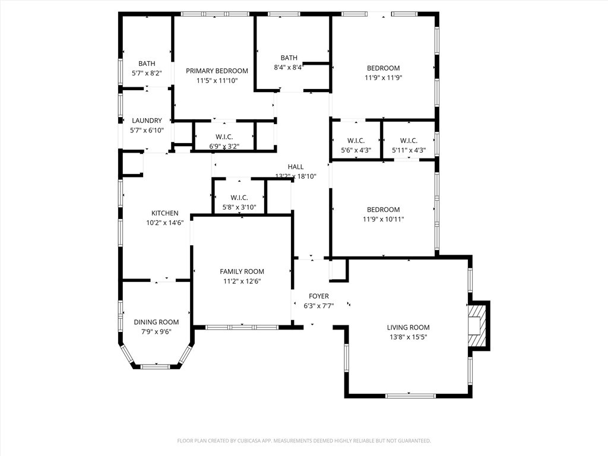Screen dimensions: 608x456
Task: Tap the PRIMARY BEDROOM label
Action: click(x=217, y=71)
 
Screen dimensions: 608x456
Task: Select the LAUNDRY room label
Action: click(x=147, y=121)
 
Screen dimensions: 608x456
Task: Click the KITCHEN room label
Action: click(x=165, y=213)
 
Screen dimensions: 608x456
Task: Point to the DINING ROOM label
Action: click(x=156, y=322)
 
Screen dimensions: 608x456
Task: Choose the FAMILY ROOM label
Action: click(x=242, y=272)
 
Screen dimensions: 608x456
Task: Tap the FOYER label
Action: click(x=319, y=296)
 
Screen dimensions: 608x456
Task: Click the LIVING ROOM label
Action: click(x=408, y=328)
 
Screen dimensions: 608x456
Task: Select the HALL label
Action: click(x=296, y=167)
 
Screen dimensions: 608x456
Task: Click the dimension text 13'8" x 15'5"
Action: click(x=408, y=337)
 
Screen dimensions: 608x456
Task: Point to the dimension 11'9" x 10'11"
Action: click(x=383, y=219)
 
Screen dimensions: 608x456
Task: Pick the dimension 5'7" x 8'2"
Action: click(x=147, y=73)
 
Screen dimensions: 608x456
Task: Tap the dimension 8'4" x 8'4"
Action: click(x=289, y=67)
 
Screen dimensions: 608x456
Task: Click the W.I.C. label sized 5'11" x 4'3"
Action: click(x=408, y=141)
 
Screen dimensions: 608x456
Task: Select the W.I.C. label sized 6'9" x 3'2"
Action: click(x=224, y=137)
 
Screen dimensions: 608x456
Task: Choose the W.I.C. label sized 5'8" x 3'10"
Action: click(x=239, y=198)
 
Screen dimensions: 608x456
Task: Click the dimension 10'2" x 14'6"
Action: click(x=165, y=223)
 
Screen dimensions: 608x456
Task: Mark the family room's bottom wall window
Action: click(x=242, y=327)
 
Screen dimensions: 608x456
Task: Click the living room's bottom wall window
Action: click(x=411, y=395)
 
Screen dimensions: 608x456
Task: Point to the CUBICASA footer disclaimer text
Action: click(x=304, y=441)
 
